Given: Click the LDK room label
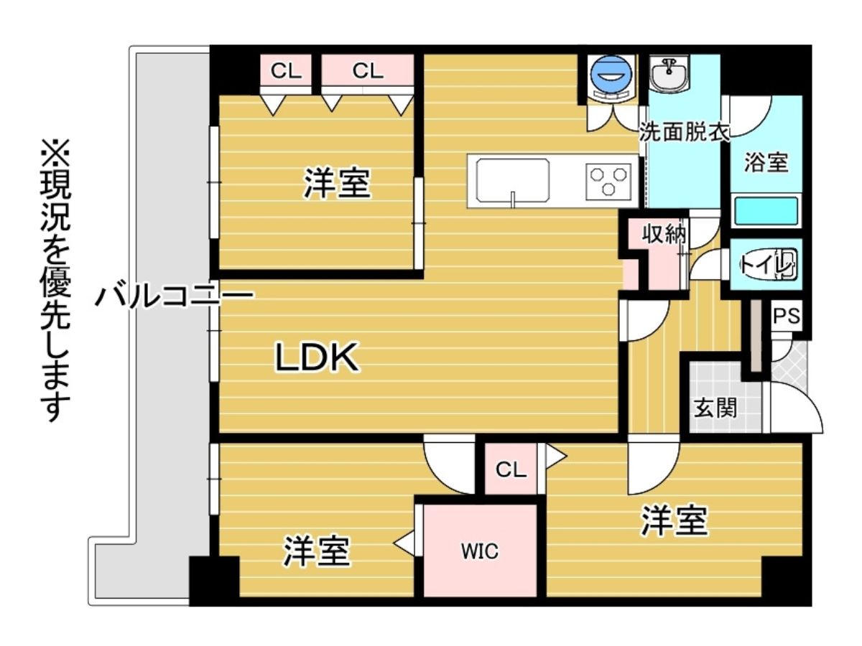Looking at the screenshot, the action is [317, 357].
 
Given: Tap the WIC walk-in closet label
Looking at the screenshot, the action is [480, 551].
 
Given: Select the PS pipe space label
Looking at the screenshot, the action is [786, 316].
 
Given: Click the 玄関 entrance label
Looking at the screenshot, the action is [715, 408].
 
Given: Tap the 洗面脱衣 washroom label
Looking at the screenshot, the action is [684, 132].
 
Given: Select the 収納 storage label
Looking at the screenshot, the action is [664, 235].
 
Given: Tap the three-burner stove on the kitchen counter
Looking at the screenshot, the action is [608, 182].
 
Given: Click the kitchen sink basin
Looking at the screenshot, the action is [512, 181].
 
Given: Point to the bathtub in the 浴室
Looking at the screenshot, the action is [766, 212].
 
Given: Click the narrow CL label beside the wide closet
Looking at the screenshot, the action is [286, 71].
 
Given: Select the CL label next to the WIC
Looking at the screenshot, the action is [511, 469].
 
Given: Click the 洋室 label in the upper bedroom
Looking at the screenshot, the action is [337, 183].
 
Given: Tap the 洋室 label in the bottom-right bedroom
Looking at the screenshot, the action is [674, 520].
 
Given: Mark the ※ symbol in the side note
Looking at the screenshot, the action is [55, 152].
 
